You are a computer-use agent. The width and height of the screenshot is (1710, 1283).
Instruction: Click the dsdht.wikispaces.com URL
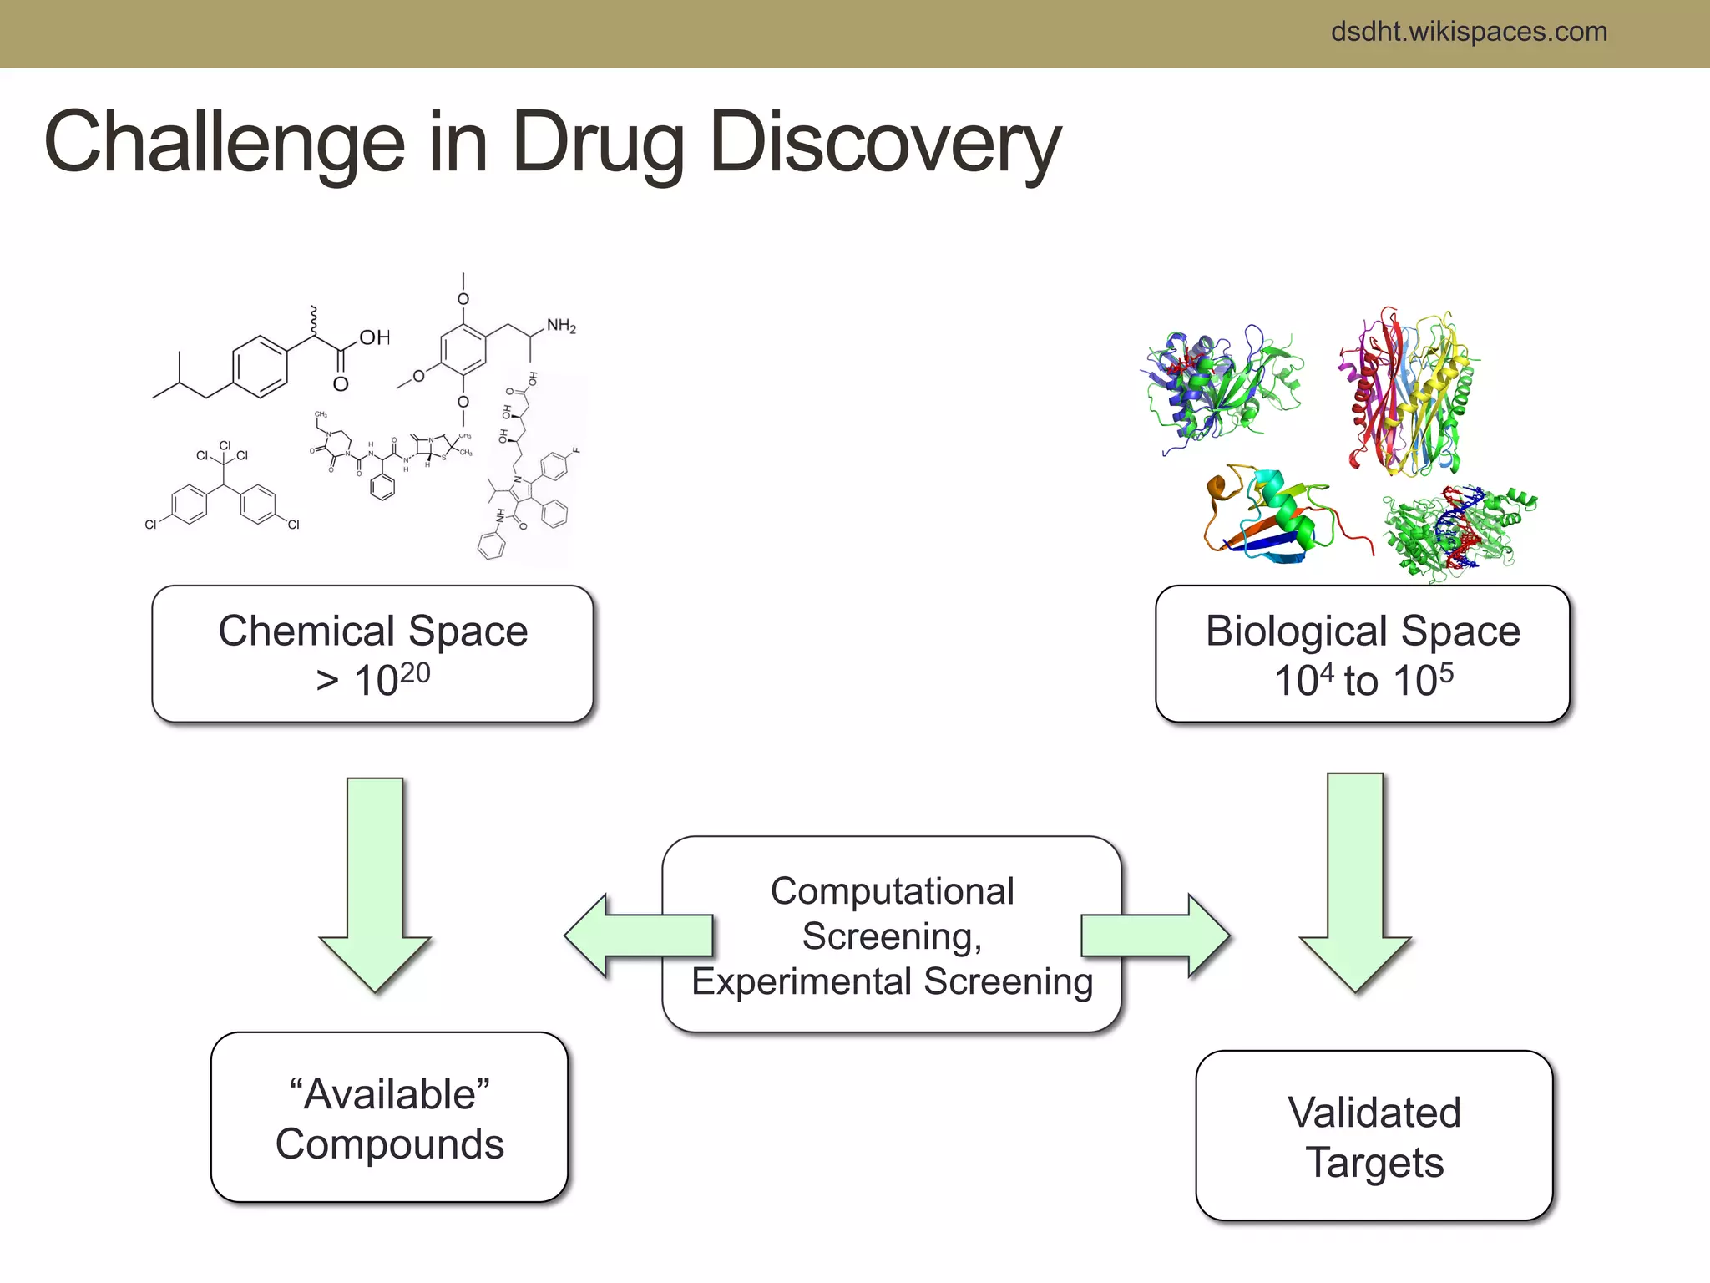click(1468, 32)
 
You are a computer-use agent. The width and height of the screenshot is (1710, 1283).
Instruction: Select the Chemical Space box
click(372, 653)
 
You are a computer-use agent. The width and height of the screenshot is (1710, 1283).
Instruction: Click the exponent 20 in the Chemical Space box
click(414, 672)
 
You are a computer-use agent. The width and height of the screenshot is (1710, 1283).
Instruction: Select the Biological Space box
click(1362, 653)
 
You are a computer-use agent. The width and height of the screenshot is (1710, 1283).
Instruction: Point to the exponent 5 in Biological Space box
click(1446, 672)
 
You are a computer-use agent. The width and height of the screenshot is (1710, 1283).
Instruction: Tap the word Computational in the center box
click(892, 891)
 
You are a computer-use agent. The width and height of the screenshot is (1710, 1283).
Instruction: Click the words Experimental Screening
click(892, 981)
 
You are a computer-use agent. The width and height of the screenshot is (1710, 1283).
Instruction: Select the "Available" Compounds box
click(389, 1118)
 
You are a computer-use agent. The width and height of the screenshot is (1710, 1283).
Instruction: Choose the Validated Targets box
click(1374, 1136)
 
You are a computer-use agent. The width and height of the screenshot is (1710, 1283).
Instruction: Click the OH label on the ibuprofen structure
click(375, 337)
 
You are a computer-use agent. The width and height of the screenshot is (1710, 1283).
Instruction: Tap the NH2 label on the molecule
click(561, 326)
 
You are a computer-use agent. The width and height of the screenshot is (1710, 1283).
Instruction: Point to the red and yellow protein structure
click(1407, 393)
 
